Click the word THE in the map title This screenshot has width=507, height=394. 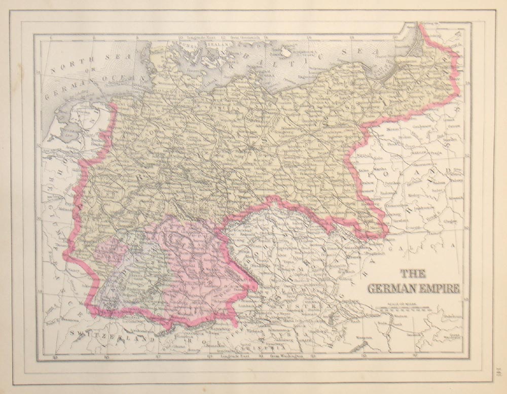coord(413,274)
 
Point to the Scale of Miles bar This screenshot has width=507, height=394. coord(404,308)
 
